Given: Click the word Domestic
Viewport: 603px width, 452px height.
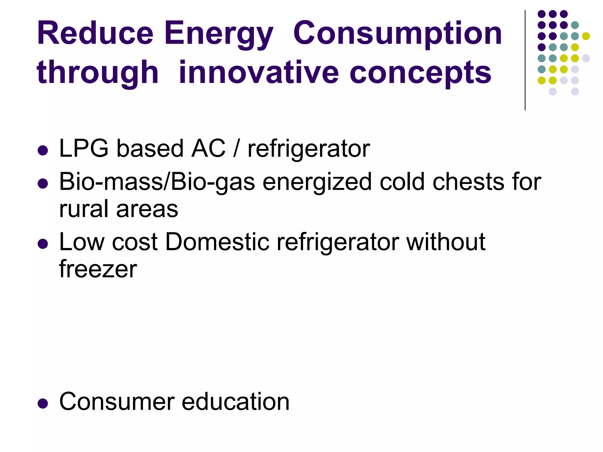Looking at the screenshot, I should (x=217, y=242).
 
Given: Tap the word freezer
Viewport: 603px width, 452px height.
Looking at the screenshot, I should (x=98, y=269).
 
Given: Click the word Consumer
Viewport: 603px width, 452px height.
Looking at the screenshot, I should (x=117, y=402).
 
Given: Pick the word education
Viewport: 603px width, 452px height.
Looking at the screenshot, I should (x=236, y=402).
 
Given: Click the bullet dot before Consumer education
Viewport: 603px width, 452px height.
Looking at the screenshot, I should (x=43, y=404).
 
